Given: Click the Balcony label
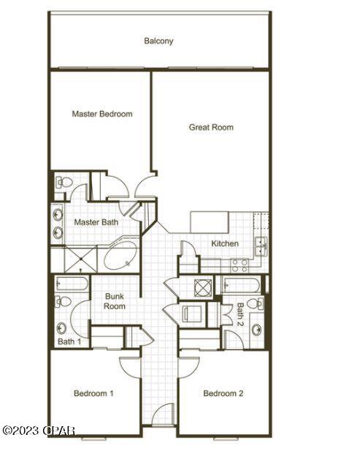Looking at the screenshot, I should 158,42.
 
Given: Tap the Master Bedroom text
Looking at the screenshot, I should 102,114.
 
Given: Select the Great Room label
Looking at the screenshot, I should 211,127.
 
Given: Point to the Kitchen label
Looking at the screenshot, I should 225,243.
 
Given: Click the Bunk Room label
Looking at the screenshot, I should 114,301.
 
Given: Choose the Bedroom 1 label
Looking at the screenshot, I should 93,393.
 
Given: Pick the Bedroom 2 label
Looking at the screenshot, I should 223,393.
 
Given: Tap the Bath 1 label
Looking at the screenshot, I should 69,341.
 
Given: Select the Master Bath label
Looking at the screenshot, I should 96,221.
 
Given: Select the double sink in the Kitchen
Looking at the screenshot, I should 260,246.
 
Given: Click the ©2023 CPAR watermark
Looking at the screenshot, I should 38,431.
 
